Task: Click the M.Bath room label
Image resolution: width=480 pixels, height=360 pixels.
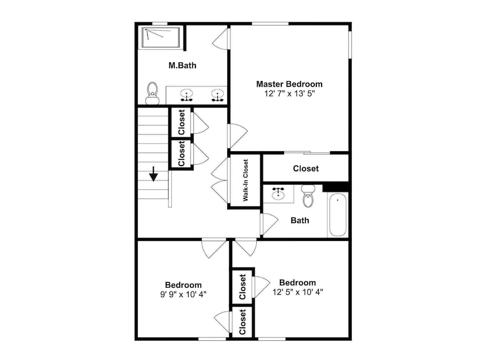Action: click(182, 65)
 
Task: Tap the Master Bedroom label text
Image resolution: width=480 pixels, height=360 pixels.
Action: click(289, 84)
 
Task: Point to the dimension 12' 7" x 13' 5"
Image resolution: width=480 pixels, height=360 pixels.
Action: click(289, 94)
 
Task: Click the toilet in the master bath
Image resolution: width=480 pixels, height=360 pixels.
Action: click(152, 93)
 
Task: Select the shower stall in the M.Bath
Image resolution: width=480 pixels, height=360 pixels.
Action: click(161, 38)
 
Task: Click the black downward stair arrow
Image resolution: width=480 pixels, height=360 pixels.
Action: click(154, 174)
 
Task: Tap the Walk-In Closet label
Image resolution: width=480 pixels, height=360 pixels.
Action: click(245, 180)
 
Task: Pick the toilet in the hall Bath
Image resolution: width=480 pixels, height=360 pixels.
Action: click(308, 196)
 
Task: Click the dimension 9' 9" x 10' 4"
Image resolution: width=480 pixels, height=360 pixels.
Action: click(183, 295)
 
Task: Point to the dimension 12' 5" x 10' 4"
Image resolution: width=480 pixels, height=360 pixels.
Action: click(298, 292)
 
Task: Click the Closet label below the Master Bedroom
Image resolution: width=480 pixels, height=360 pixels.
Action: click(306, 168)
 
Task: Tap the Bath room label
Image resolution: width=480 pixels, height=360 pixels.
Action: click(300, 220)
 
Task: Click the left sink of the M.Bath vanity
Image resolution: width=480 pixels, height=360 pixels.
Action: click(186, 95)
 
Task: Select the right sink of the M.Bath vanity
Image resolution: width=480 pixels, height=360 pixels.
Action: click(217, 95)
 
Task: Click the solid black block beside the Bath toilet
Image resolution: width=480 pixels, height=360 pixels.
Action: click(336, 187)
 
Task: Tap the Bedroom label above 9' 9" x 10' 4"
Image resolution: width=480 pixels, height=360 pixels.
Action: click(183, 285)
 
